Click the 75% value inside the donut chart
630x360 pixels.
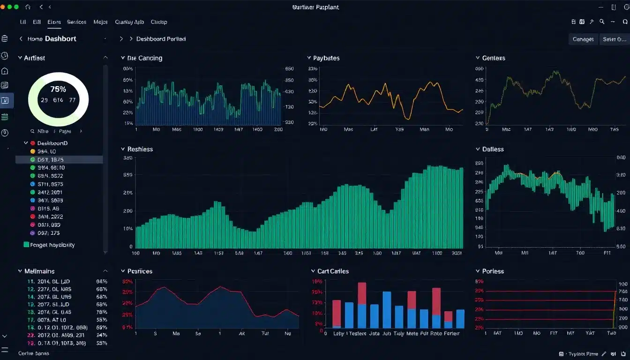coord(58,89)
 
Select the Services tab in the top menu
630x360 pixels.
coord(76,22)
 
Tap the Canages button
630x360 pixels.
coord(583,39)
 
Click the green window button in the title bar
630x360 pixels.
coord(17,7)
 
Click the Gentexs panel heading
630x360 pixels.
coord(494,58)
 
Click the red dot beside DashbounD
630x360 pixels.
coord(33,143)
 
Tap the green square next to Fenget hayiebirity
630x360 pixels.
coord(26,245)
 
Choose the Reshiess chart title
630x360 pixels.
coord(140,149)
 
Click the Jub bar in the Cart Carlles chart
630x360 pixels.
coord(387,309)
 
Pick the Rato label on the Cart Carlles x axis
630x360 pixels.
coord(436,333)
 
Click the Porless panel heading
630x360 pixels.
coord(493,271)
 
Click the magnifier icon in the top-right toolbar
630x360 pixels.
coord(602,22)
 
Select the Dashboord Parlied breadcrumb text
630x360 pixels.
coord(161,39)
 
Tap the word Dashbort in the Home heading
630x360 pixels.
coord(61,39)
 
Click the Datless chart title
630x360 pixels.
coord(493,149)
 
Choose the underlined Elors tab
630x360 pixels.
coord(54,22)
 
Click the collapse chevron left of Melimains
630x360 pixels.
coord(20,271)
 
